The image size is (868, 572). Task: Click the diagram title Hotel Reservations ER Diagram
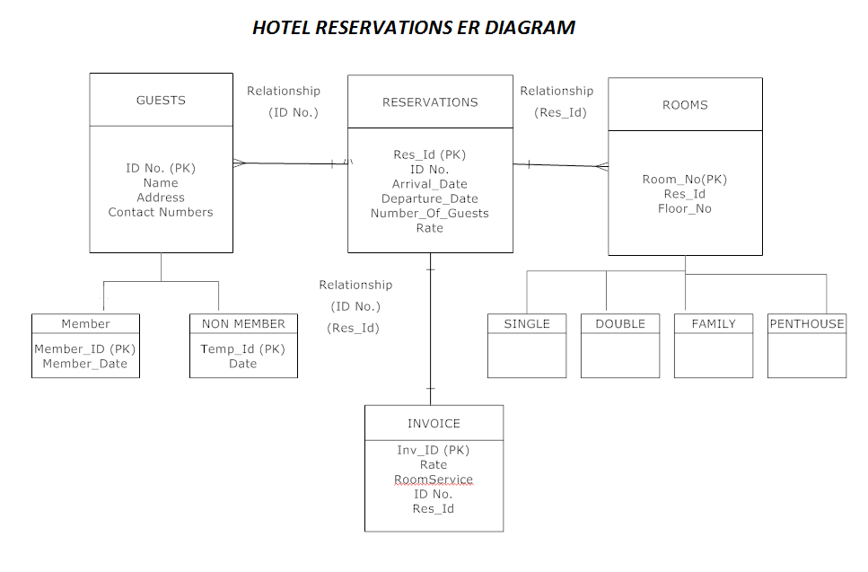tap(414, 28)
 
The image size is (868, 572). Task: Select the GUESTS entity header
tap(161, 101)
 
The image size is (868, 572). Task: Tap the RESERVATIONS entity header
tap(430, 102)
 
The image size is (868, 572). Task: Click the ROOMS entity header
tap(685, 105)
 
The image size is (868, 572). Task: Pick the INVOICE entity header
tap(434, 424)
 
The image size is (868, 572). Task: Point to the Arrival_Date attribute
tap(430, 184)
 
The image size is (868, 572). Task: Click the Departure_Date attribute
tap(430, 198)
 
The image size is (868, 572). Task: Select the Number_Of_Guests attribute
tap(430, 214)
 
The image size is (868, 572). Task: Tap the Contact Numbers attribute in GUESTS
tap(161, 213)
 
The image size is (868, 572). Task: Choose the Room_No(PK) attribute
tap(685, 180)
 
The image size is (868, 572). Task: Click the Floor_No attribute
tap(685, 209)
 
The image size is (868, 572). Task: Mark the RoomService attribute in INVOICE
tap(434, 480)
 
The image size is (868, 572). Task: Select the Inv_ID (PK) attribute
tap(434, 451)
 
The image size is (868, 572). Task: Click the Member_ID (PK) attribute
tap(85, 349)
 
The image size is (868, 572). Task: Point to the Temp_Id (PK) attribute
tap(243, 349)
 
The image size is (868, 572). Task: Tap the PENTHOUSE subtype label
tap(807, 324)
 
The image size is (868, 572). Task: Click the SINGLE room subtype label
tap(527, 324)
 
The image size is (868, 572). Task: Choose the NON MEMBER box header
tap(243, 324)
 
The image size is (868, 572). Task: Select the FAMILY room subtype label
tap(714, 324)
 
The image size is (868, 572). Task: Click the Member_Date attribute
tap(85, 364)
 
